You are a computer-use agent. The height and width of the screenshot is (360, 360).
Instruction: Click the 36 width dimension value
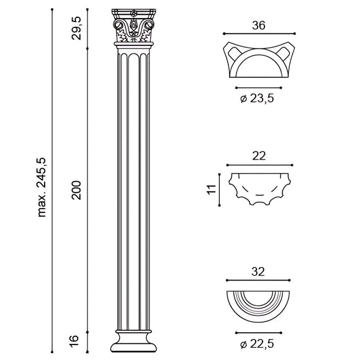click(x=259, y=25)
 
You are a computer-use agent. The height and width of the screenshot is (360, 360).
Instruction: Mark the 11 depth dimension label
click(x=212, y=189)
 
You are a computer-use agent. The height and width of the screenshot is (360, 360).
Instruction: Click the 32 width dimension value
click(x=259, y=272)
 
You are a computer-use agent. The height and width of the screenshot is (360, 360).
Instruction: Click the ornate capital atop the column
click(x=133, y=28)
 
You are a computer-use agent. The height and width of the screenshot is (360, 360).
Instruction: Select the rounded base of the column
click(x=133, y=340)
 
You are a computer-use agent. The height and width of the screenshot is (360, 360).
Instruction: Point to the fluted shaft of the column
click(x=133, y=186)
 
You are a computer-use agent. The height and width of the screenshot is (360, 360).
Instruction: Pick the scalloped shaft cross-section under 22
click(x=259, y=188)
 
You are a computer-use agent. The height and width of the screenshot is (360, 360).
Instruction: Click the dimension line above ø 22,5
click(x=259, y=331)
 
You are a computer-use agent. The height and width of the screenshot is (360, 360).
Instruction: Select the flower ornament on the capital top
click(x=133, y=12)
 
